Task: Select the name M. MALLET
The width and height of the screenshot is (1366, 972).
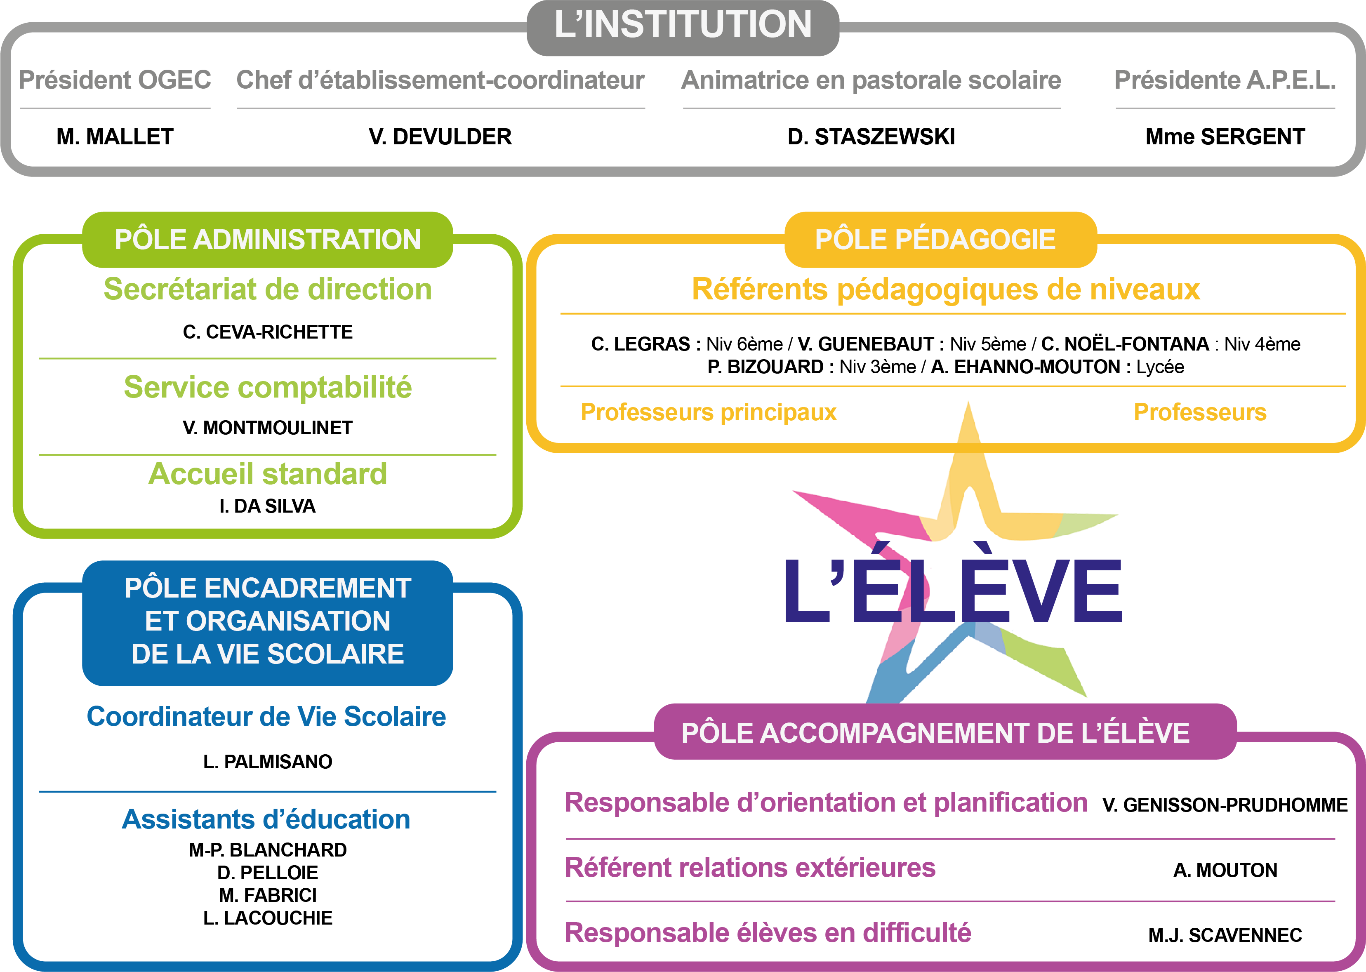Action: click(x=115, y=137)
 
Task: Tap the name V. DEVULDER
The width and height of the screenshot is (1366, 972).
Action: click(x=440, y=137)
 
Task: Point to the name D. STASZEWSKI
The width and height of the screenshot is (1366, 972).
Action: click(x=871, y=137)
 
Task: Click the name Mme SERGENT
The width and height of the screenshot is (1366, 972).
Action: click(x=1225, y=137)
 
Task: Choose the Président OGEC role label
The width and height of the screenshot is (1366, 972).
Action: click(x=115, y=80)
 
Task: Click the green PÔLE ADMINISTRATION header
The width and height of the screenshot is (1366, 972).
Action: click(x=268, y=240)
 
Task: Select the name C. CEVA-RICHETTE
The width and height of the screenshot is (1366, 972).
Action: click(x=268, y=332)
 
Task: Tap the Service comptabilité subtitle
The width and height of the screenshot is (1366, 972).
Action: click(x=268, y=387)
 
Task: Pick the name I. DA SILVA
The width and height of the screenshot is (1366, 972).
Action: click(x=268, y=506)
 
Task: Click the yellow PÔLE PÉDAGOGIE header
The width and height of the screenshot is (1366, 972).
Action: click(x=935, y=240)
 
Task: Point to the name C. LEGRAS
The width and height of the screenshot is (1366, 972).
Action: click(x=640, y=344)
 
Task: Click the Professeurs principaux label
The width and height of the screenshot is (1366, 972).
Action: click(x=708, y=412)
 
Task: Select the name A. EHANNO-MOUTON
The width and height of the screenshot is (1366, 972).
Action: click(x=1025, y=367)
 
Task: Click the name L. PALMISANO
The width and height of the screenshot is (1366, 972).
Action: click(x=268, y=762)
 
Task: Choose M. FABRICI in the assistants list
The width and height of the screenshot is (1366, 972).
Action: click(x=268, y=895)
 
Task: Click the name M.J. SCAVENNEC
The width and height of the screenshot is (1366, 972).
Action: click(x=1225, y=935)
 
